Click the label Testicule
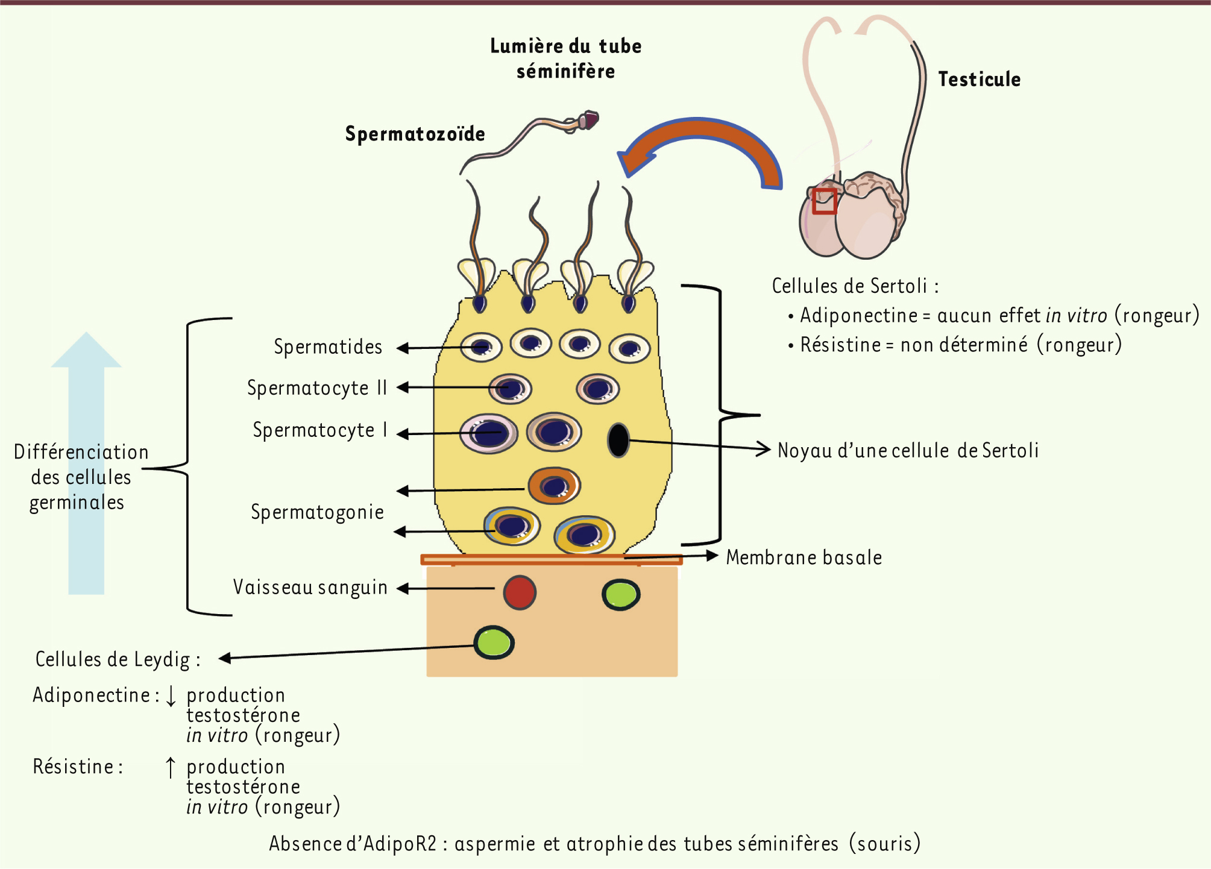point(979,80)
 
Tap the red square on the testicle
point(824,201)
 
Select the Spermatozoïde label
point(415,134)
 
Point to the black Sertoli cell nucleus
point(618,440)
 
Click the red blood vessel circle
point(519,592)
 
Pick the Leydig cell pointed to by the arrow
point(494,642)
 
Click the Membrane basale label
point(804,557)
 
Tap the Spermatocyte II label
point(317,388)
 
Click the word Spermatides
point(328,347)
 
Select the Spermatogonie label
point(317,512)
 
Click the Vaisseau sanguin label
point(310,588)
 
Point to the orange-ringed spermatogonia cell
point(554,486)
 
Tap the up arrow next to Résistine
point(171,767)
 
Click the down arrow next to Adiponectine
point(171,695)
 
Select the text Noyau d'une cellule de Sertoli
point(908,451)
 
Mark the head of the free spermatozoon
point(588,119)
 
